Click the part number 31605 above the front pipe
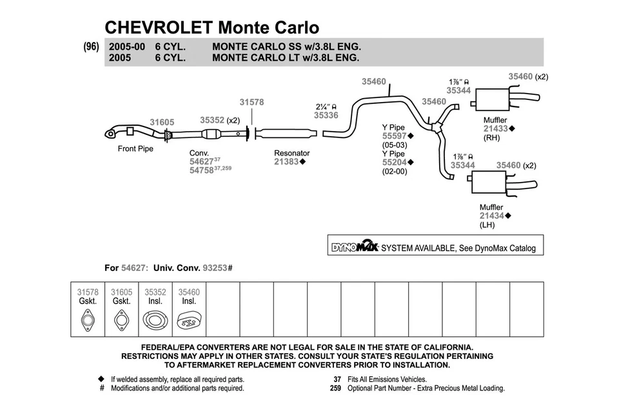coord(162,122)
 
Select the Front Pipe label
coord(135,148)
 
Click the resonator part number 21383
coord(286,161)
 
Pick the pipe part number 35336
coord(326,116)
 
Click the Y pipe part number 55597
coord(394,136)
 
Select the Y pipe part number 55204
coord(394,162)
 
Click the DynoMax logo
coord(354,247)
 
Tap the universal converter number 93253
coord(215,267)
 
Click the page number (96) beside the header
coord(91,47)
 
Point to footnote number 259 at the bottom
coord(335,388)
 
